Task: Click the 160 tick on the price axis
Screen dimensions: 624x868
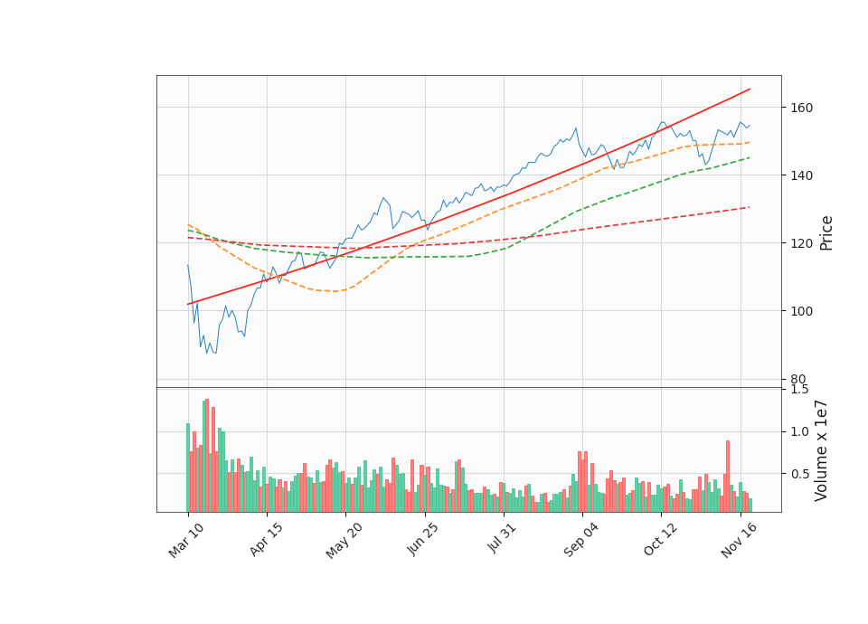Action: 802,108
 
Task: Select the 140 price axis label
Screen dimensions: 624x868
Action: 802,175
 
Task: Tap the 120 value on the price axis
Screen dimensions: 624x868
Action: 802,243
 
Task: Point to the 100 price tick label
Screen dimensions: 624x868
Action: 802,311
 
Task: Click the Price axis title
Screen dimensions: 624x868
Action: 826,232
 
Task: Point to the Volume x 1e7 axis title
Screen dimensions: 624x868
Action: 822,449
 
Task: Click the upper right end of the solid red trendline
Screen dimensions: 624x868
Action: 750,89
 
